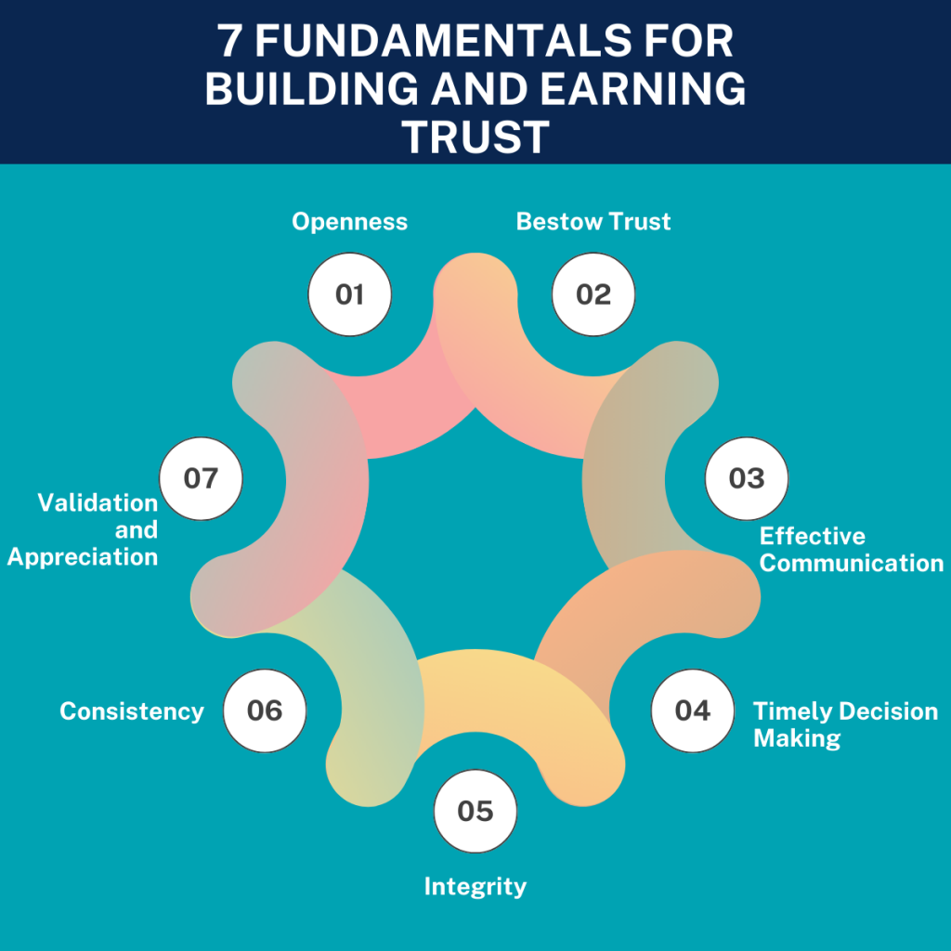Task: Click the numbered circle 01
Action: [x=349, y=294]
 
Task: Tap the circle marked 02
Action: [x=593, y=294]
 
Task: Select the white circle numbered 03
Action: [x=747, y=478]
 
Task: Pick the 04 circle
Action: [x=692, y=710]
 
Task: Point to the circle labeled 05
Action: [x=475, y=811]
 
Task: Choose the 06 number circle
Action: [x=265, y=710]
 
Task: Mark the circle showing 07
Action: [x=201, y=478]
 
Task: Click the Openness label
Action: [x=349, y=222]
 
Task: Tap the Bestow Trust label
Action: [x=593, y=222]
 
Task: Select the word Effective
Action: [x=812, y=536]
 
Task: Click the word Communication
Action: [x=851, y=563]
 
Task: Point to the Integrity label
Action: [x=475, y=886]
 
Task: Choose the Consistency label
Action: [x=132, y=711]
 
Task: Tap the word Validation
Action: [x=98, y=502]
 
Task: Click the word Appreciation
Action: [x=83, y=556]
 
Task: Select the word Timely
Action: [x=788, y=711]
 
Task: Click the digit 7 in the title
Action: [x=228, y=42]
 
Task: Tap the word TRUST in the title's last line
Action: [x=475, y=137]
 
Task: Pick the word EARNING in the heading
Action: [x=653, y=89]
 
